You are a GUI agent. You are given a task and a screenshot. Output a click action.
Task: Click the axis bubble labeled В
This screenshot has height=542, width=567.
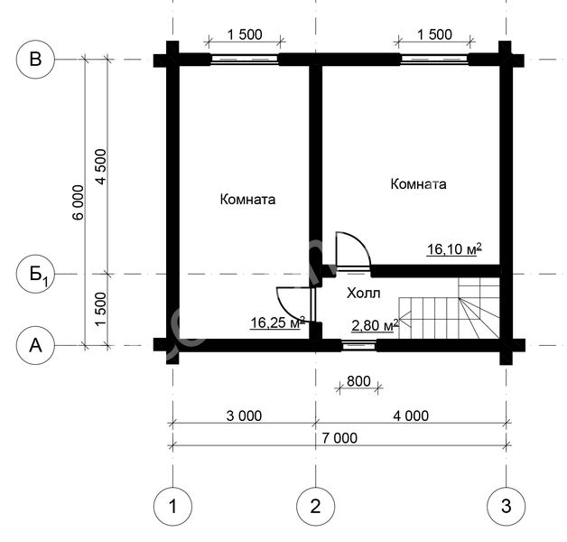(35, 60)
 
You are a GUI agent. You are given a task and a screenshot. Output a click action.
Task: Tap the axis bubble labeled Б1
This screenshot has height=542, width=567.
(35, 275)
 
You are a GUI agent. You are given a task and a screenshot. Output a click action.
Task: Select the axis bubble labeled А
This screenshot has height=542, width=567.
(35, 346)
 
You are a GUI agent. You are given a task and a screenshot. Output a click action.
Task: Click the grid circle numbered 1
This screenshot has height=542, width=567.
(172, 506)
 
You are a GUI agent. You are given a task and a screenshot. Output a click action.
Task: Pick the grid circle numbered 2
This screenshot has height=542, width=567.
(316, 506)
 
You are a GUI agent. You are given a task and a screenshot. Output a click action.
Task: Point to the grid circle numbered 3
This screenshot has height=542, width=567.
(507, 506)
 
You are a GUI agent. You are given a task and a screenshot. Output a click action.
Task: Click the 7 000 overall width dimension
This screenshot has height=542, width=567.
(339, 438)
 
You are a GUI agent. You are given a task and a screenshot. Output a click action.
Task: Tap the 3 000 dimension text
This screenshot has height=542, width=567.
(244, 416)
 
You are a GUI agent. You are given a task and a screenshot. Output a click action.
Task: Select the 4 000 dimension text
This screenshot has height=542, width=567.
(411, 416)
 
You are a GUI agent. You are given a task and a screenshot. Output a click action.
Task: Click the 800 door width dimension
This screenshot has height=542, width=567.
(358, 381)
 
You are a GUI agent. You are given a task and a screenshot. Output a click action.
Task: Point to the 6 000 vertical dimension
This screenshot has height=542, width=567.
(79, 202)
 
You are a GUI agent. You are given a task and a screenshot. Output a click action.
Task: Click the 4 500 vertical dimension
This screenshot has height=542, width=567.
(100, 167)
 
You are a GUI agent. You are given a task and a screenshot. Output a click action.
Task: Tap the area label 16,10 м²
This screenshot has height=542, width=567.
(454, 249)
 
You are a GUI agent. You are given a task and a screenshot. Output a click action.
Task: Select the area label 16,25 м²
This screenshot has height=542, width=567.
(277, 322)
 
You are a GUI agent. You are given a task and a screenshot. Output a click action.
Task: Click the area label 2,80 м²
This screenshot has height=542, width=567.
(375, 325)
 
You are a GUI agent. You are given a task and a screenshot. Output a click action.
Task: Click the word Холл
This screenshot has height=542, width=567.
(364, 293)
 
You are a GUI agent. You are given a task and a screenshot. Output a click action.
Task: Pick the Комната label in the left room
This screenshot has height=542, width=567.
(247, 200)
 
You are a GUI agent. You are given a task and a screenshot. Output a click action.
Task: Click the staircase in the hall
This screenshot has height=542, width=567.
(449, 308)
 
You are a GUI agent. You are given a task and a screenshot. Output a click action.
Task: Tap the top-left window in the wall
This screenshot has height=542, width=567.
(245, 60)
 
